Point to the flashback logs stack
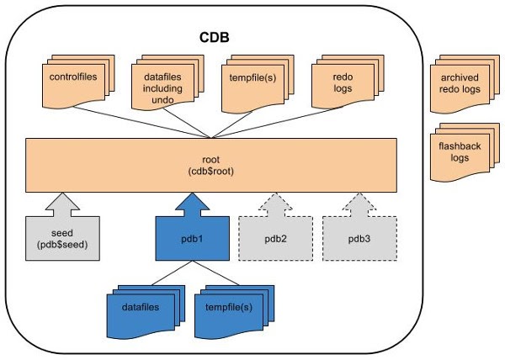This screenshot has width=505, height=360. tap(460, 151)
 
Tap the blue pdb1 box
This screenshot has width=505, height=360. tap(192, 239)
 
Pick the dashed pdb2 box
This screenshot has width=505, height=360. tap(275, 239)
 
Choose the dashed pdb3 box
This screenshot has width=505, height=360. tap(359, 239)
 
